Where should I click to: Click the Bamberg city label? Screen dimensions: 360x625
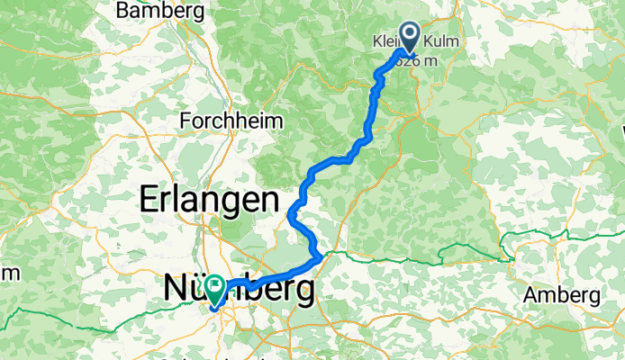tap(161, 12)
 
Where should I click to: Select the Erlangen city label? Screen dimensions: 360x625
tap(207, 199)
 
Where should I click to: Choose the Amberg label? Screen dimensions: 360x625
tap(562, 295)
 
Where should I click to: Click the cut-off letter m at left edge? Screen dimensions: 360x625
tap(5, 272)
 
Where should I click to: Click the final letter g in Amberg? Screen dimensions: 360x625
tap(594, 297)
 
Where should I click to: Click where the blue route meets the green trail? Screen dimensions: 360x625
tap(322, 259)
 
